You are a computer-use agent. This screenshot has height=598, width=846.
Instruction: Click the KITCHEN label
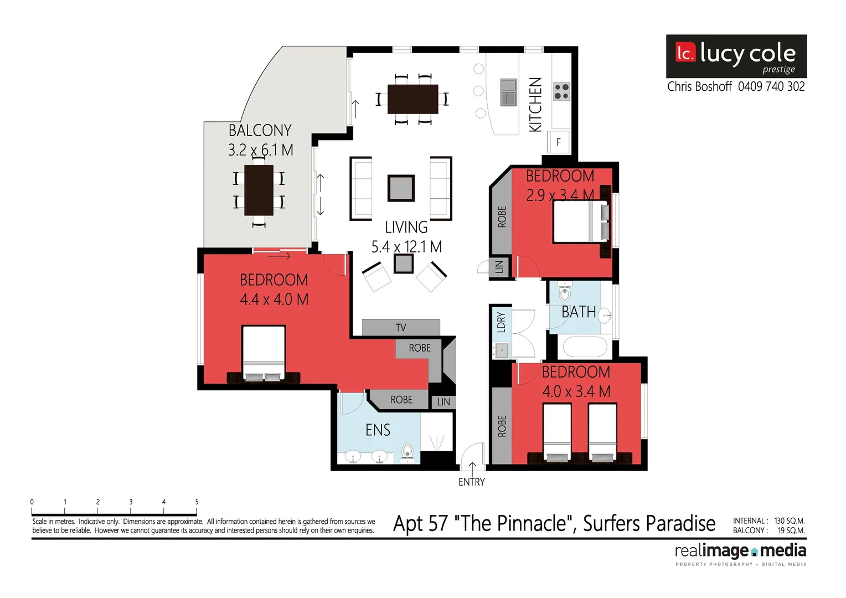tap(535, 105)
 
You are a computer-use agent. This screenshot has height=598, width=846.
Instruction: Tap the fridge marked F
tap(558, 142)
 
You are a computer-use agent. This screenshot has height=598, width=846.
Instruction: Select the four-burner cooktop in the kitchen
tap(561, 92)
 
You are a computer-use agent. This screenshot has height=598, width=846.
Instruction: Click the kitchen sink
tap(508, 92)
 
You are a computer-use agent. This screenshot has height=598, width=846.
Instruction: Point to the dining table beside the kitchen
tap(412, 99)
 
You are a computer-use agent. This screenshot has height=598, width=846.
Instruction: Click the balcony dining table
tap(259, 190)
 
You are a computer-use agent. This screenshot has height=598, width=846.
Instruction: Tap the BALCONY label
tap(260, 131)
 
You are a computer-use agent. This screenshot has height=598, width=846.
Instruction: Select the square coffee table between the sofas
tap(401, 188)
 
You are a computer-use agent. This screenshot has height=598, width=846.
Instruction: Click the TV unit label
tap(401, 328)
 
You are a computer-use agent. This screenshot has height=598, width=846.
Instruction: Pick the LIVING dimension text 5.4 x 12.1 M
tap(406, 247)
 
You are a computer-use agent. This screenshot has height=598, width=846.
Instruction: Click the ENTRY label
tap(471, 482)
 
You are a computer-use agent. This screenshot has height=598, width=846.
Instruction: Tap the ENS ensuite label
tap(378, 430)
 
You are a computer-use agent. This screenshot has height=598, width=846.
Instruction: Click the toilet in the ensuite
tap(407, 452)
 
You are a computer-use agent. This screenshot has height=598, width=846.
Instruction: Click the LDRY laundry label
tap(501, 322)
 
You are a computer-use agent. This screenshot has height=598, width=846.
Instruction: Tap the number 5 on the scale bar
tap(197, 502)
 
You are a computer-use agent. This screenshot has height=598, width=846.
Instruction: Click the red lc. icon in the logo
tap(685, 53)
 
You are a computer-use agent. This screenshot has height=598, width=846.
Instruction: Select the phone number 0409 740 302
tap(771, 87)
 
